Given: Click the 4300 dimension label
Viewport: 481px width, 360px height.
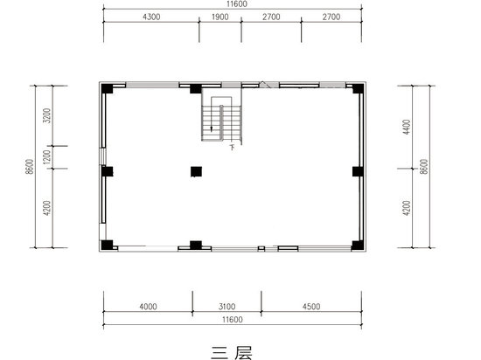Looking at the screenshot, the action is pyautogui.click(x=151, y=17).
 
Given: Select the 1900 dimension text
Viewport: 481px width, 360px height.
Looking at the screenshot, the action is pyautogui.click(x=220, y=17).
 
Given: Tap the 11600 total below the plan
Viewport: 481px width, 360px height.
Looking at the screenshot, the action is pyautogui.click(x=233, y=320).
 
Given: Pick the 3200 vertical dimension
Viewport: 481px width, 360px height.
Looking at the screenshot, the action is pyautogui.click(x=46, y=115).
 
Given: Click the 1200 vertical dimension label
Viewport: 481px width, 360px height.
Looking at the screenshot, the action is pyautogui.click(x=46, y=156).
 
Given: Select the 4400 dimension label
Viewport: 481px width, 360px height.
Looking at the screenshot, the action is pyautogui.click(x=407, y=127).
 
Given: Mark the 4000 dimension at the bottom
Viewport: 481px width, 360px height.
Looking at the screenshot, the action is pyautogui.click(x=148, y=307).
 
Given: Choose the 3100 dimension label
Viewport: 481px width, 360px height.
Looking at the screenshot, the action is pyautogui.click(x=227, y=307).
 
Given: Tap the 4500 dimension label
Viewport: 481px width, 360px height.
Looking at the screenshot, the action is pyautogui.click(x=311, y=307).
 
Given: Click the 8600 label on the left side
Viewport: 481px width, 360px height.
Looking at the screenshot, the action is pyautogui.click(x=30, y=166).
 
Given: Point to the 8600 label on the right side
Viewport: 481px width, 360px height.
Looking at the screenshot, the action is pyautogui.click(x=423, y=166).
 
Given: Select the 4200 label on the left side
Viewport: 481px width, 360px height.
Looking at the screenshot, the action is pyautogui.click(x=46, y=208).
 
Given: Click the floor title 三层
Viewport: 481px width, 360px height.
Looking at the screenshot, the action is pyautogui.click(x=232, y=353).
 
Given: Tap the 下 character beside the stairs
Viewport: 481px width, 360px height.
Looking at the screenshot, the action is pyautogui.click(x=233, y=148).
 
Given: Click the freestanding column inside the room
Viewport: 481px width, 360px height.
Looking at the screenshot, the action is pyautogui.click(x=196, y=171).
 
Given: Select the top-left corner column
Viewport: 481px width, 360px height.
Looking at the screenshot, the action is pyautogui.click(x=107, y=89).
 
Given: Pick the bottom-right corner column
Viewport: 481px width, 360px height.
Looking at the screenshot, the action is pyautogui.click(x=358, y=246).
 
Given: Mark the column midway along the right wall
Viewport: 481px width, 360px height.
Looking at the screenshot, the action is pyautogui.click(x=358, y=171).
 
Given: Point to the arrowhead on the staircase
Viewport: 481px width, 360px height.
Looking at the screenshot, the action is pyautogui.click(x=212, y=129).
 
